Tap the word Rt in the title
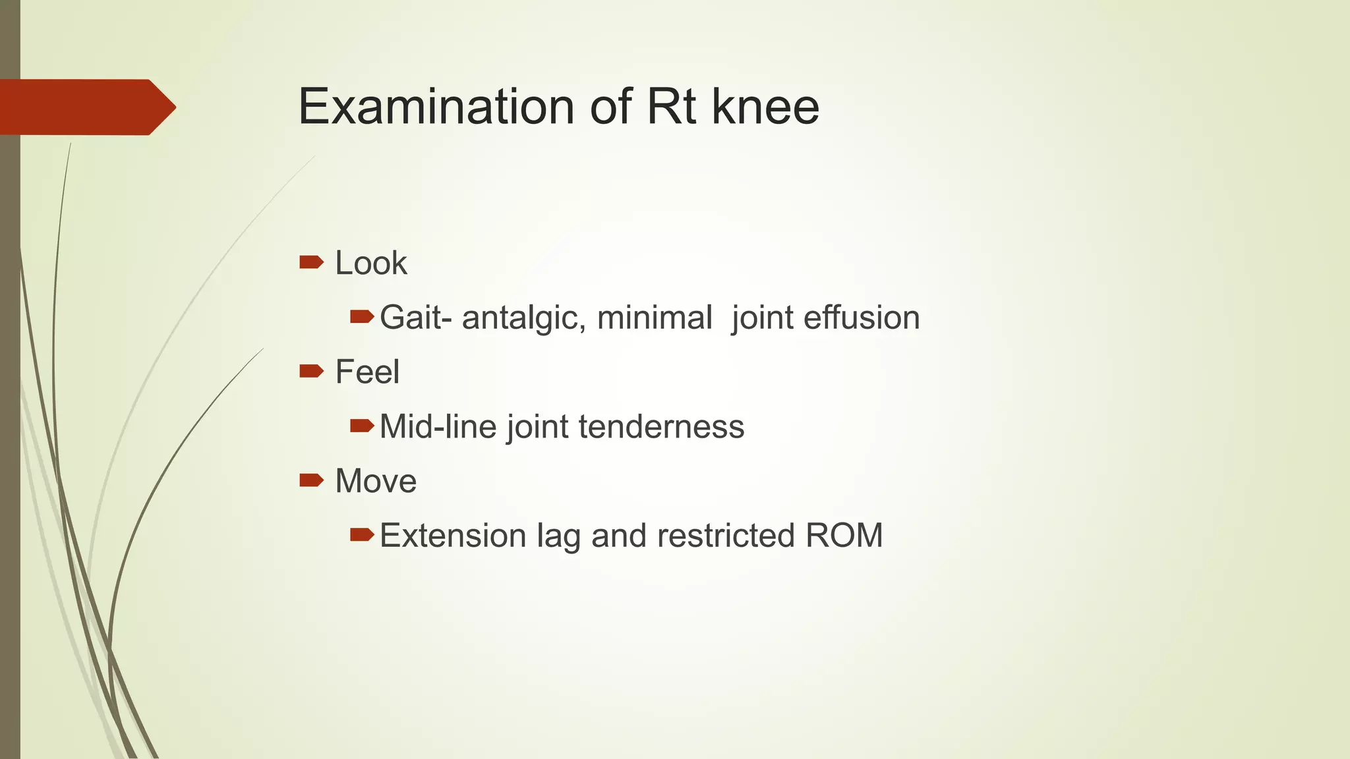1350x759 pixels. (x=672, y=107)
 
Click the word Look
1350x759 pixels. (x=371, y=264)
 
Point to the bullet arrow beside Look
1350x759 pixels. (x=311, y=263)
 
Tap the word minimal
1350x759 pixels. (x=655, y=318)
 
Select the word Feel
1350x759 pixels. (x=367, y=372)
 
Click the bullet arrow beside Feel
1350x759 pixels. (x=311, y=372)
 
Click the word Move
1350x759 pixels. (x=376, y=481)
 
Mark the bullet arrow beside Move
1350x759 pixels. (x=311, y=480)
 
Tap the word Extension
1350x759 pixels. (x=453, y=536)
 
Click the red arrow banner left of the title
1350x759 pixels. (x=86, y=107)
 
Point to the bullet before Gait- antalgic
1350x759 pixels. (x=362, y=318)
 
